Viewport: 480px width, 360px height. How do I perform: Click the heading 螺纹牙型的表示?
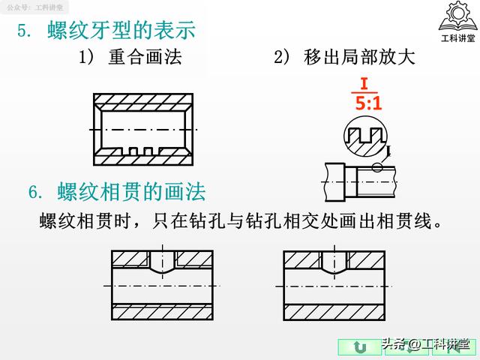pyautogui.click(x=121, y=30)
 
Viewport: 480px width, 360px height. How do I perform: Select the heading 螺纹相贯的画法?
pyautogui.click(x=131, y=192)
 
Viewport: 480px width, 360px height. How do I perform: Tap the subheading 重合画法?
pyautogui.click(x=145, y=57)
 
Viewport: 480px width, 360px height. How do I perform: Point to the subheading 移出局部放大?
pyautogui.click(x=359, y=57)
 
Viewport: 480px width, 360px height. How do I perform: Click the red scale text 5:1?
pyautogui.click(x=368, y=103)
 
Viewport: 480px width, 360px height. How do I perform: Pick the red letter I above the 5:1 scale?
pyautogui.click(x=364, y=83)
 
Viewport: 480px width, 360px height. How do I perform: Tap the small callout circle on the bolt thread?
pyautogui.click(x=377, y=167)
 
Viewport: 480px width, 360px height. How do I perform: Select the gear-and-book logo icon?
pyautogui.click(x=457, y=16)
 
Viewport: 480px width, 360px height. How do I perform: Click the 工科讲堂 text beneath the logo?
pyautogui.click(x=458, y=38)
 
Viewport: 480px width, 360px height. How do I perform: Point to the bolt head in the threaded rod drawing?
pyautogui.click(x=335, y=182)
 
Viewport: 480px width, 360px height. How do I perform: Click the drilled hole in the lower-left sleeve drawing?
pyautogui.click(x=163, y=262)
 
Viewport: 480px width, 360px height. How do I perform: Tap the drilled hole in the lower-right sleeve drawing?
pyautogui.click(x=334, y=262)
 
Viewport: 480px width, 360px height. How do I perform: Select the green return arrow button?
pyautogui.click(x=360, y=347)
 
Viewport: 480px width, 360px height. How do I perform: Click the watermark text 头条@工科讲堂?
pyautogui.click(x=426, y=344)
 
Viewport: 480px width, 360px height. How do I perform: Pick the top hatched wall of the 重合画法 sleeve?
pyautogui.click(x=143, y=102)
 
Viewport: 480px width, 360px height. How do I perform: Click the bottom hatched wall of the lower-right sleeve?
pyautogui.click(x=334, y=312)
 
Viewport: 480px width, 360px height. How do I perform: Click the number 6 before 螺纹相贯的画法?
pyautogui.click(x=33, y=192)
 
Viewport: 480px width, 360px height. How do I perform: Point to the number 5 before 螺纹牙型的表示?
pyautogui.click(x=22, y=31)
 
